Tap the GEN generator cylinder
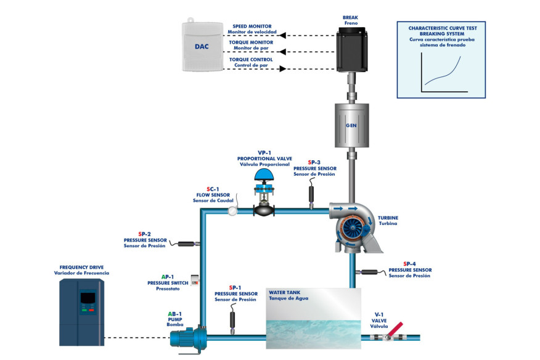click(351, 125)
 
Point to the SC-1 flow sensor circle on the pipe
click(232, 211)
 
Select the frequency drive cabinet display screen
click(88, 297)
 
